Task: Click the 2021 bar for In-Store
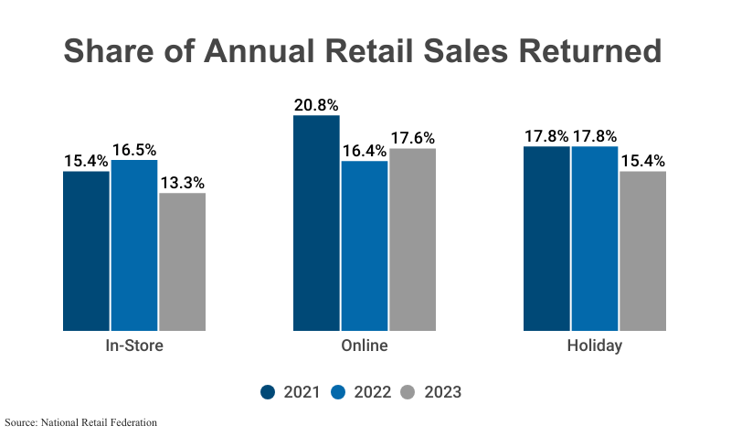click(86, 250)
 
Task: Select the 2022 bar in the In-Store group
click(134, 245)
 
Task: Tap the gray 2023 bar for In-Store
click(182, 261)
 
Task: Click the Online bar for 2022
click(365, 245)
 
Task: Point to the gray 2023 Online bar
click(412, 239)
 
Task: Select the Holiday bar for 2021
click(546, 238)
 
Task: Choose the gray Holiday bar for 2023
click(642, 250)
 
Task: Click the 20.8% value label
click(316, 105)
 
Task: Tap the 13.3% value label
click(182, 183)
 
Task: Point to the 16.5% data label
click(134, 150)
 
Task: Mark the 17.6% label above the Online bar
click(412, 138)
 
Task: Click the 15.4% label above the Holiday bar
click(642, 161)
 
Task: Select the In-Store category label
click(134, 346)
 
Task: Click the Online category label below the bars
click(365, 346)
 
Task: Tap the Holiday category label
click(594, 346)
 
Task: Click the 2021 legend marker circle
click(268, 392)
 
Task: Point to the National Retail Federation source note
click(80, 422)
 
